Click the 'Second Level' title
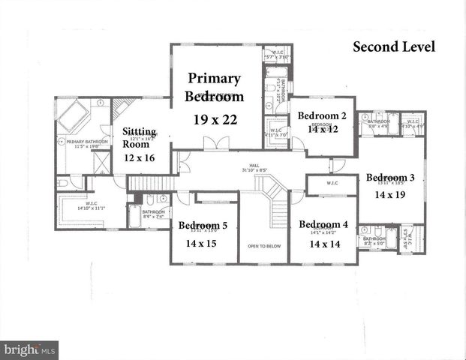point(394,47)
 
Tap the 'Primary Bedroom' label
point(215,87)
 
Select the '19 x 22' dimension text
point(215,118)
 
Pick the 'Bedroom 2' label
point(322,115)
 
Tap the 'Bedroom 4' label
point(323,224)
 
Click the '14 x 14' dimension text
point(323,244)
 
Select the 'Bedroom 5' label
point(203,225)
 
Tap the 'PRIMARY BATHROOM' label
point(83,141)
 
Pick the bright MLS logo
point(29,350)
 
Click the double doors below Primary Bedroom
point(216,143)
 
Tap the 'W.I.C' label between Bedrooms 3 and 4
point(332,182)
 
